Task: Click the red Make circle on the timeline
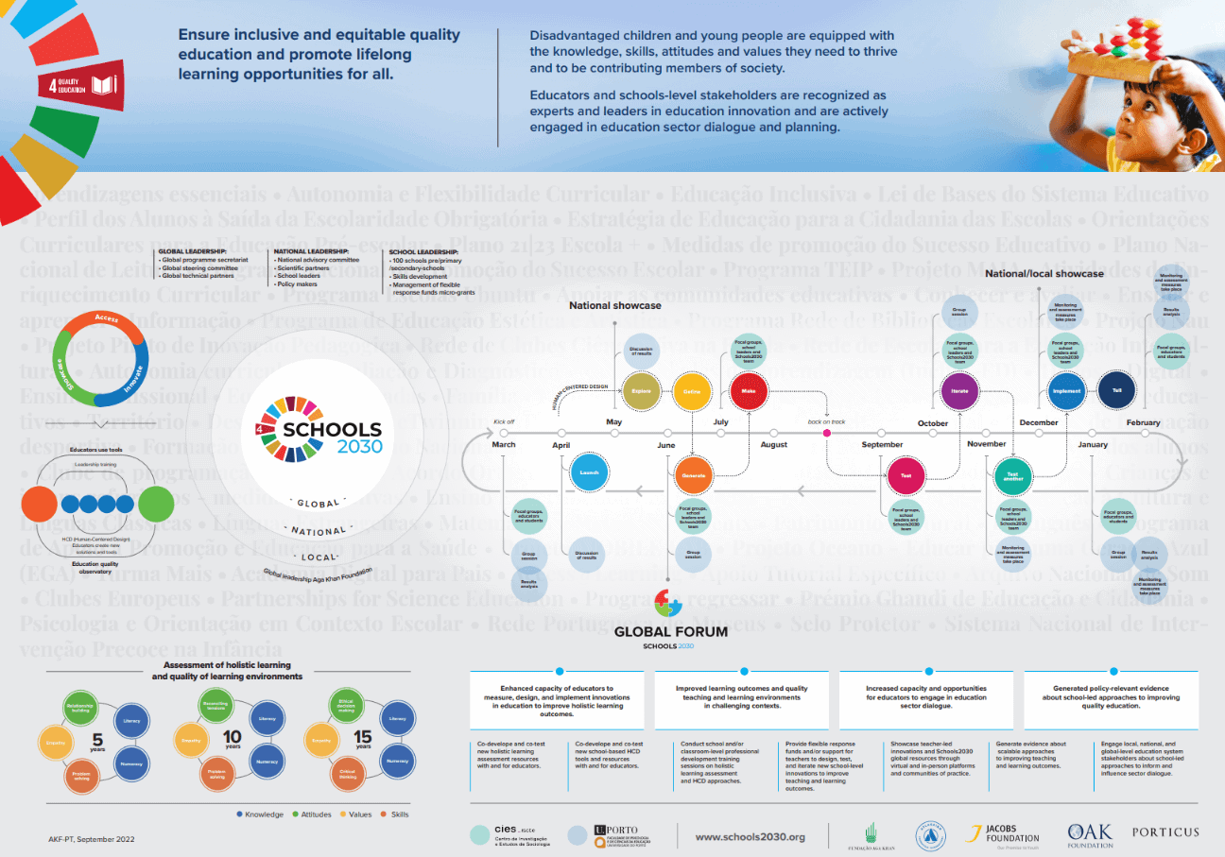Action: click(x=749, y=390)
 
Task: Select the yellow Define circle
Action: click(x=693, y=390)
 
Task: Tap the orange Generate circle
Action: click(x=693, y=475)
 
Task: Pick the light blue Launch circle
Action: click(x=588, y=472)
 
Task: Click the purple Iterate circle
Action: click(x=958, y=390)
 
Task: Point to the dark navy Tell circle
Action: click(x=1116, y=390)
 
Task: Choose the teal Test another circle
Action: click(x=1012, y=475)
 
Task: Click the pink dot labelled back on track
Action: click(x=826, y=433)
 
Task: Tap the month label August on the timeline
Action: click(x=773, y=444)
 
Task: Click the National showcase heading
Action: click(x=614, y=305)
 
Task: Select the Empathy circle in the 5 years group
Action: click(x=56, y=742)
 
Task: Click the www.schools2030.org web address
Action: click(x=750, y=836)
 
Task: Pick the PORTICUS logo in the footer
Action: click(x=1165, y=832)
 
